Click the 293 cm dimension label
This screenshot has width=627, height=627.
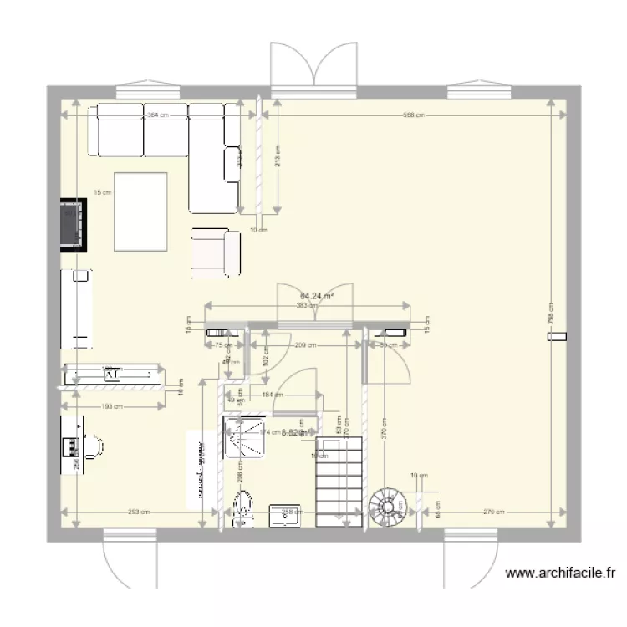139,512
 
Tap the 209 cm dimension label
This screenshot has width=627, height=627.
304,345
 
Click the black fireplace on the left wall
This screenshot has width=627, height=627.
74,223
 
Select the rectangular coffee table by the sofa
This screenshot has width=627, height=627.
140,210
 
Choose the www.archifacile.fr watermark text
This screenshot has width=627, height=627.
561,573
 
